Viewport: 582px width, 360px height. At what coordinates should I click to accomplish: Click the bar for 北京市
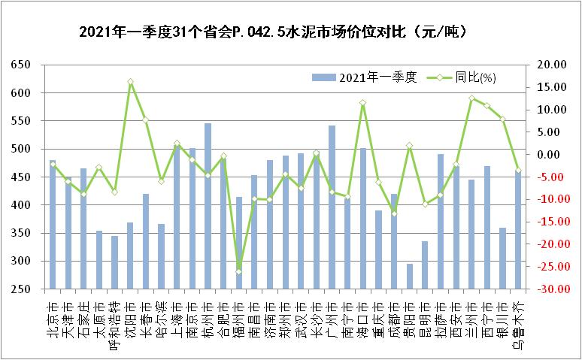[53, 225]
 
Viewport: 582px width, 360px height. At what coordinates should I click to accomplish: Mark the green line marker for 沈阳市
[130, 81]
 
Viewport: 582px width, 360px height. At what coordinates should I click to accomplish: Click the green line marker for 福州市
[239, 271]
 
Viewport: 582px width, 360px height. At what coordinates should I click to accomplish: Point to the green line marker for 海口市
[363, 103]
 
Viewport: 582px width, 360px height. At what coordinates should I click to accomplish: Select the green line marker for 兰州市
[471, 98]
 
